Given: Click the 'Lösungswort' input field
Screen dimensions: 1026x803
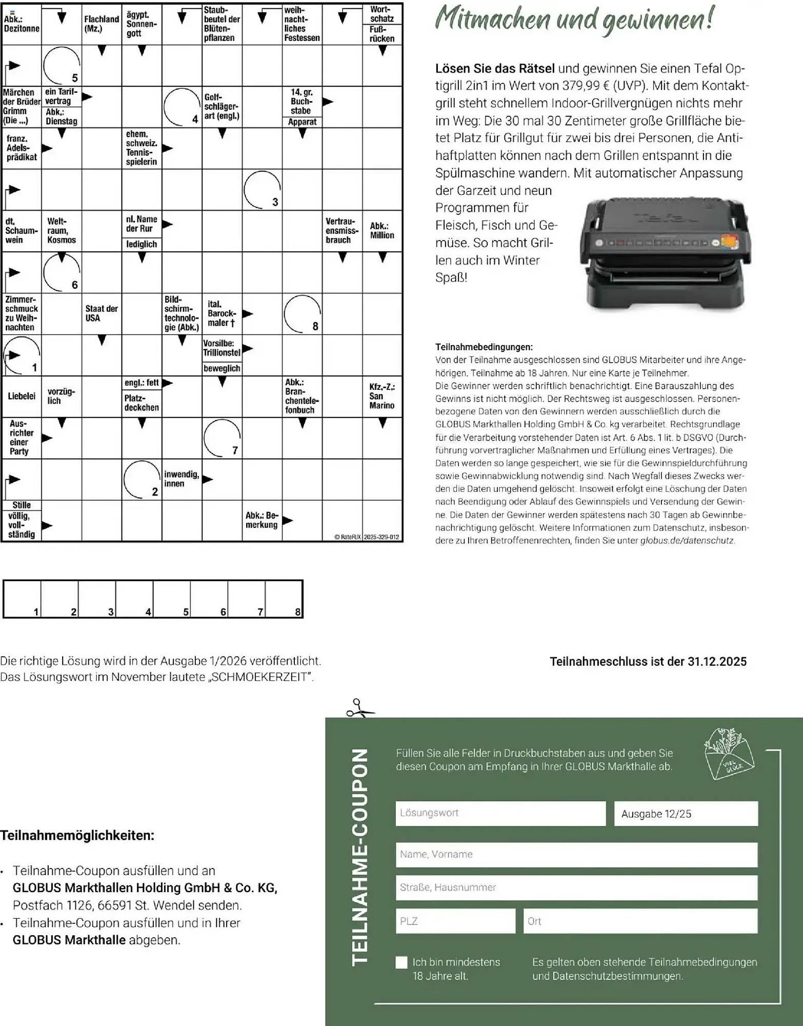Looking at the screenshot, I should click(500, 814).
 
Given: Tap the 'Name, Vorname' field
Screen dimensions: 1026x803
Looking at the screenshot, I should click(576, 855).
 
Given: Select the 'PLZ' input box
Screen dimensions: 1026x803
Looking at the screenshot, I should click(455, 921).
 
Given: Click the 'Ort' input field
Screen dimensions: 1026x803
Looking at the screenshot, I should click(640, 921).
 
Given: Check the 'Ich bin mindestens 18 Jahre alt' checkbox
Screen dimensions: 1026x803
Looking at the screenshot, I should click(401, 962).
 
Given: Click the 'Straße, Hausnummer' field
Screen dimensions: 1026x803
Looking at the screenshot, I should click(576, 887).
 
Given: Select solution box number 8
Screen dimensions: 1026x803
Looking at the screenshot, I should click(284, 599).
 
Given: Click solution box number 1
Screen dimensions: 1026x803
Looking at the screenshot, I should click(22, 599).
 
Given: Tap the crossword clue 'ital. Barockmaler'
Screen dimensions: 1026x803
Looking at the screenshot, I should click(222, 313).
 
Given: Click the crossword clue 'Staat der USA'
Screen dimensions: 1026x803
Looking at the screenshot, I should click(102, 313).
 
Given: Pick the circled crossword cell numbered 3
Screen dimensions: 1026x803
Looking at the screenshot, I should click(262, 190).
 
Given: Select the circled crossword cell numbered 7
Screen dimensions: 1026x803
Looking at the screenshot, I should click(222, 438).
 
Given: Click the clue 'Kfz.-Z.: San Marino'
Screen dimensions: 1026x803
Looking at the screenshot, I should click(382, 396).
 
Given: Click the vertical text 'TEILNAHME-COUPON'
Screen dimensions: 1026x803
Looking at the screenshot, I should click(360, 857).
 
